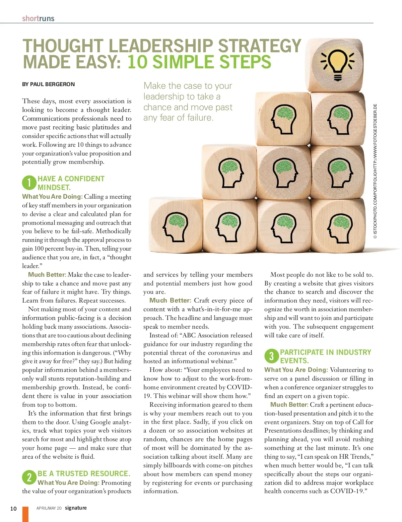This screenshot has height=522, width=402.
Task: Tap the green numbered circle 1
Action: [29, 183]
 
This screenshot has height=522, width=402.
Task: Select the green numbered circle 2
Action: [29, 477]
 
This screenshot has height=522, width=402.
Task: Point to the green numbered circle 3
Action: [271, 356]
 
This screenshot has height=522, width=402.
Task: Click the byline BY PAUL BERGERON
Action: [48, 84]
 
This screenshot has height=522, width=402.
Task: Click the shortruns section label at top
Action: [38, 18]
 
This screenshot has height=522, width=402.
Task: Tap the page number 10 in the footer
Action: [13, 509]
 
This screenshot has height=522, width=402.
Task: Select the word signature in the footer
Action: [76, 508]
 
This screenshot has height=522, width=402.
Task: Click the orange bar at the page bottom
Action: [25, 514]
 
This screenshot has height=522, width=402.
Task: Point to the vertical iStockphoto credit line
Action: [375, 171]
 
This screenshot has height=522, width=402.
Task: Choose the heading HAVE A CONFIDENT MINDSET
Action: [71, 183]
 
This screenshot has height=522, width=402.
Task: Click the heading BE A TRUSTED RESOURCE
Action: [84, 473]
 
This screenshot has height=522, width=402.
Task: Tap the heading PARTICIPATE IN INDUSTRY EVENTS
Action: [325, 356]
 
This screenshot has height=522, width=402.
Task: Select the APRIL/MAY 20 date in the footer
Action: [49, 508]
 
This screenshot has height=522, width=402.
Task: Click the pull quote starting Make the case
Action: [188, 102]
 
